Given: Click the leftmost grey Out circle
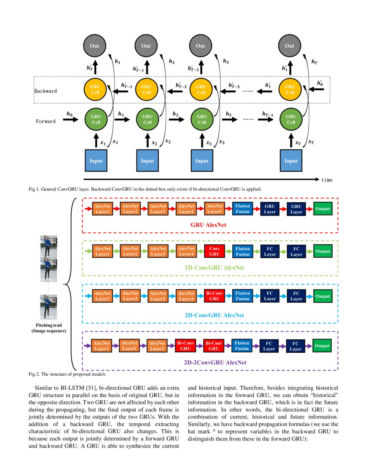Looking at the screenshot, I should coord(95,46).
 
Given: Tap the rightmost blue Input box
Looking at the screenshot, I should coord(291,161).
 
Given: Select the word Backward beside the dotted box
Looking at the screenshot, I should coord(45,92).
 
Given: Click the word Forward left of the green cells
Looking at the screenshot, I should coord(45,121).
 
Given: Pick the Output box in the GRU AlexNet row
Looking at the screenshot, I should coord(323,209).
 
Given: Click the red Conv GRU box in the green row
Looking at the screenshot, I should coord(214,251).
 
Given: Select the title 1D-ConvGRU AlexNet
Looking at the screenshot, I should coord(215,268).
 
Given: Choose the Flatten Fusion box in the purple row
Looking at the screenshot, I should coord(242,345).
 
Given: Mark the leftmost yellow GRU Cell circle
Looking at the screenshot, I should coord(95,89).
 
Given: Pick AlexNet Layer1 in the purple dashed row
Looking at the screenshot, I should coord(102,346).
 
